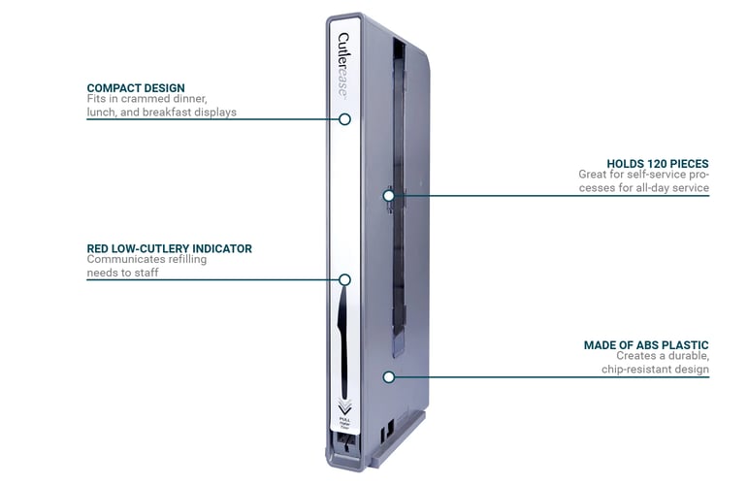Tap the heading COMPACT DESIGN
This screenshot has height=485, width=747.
136,88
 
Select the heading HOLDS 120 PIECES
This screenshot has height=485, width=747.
658,163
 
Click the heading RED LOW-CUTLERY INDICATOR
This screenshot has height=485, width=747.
169,248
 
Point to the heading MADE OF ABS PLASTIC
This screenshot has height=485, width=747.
646,344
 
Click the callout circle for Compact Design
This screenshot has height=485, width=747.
344,119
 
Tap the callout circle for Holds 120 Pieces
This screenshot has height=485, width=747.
388,195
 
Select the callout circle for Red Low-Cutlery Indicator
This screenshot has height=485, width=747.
344,279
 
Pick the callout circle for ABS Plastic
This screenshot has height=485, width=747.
388,375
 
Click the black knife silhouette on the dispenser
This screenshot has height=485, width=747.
344,335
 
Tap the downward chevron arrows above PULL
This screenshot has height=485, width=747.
344,404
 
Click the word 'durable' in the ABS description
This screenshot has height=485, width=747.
686,356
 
